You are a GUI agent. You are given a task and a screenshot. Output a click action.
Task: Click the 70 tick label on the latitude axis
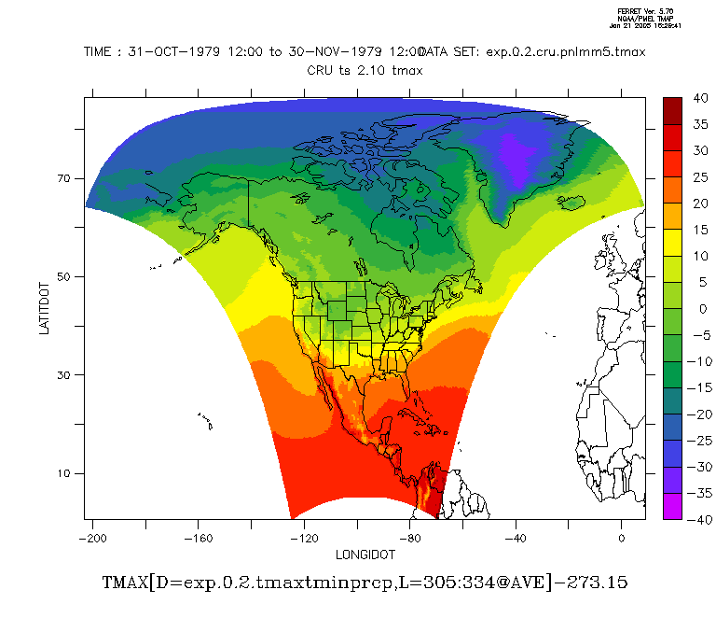65,178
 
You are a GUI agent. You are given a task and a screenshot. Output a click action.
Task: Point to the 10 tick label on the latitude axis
65,473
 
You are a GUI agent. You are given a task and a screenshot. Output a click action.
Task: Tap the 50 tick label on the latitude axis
65,277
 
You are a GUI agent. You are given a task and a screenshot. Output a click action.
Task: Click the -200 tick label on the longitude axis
90,539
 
